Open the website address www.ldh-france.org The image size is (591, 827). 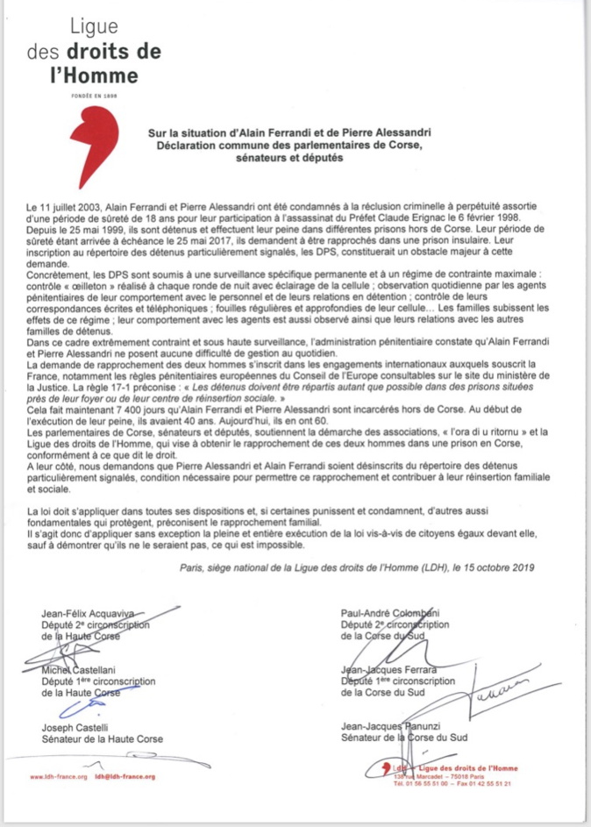[59, 777]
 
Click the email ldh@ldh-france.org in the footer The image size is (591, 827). [125, 777]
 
